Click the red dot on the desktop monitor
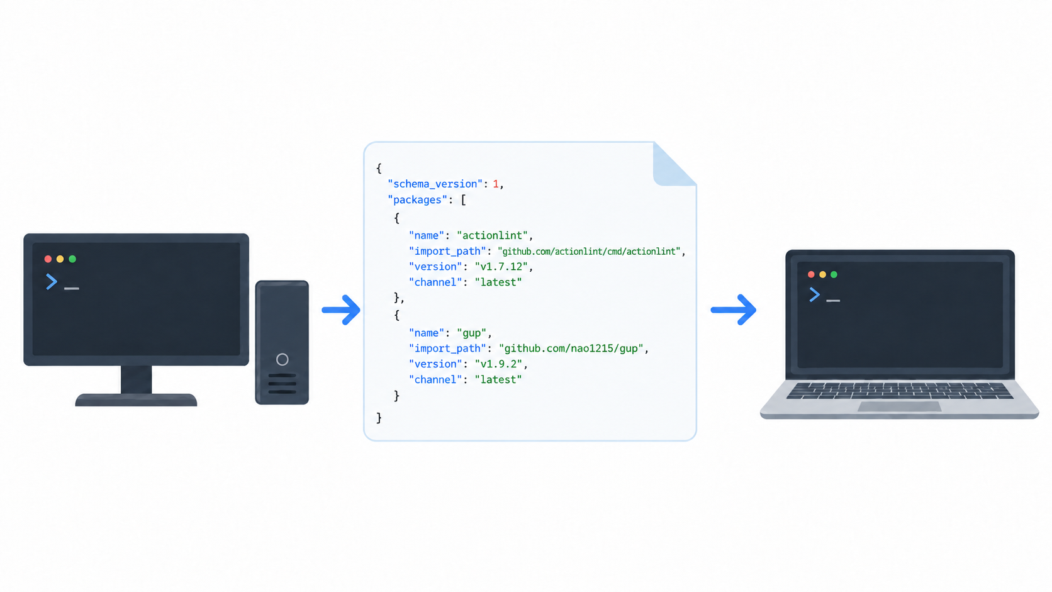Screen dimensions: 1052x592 coord(48,259)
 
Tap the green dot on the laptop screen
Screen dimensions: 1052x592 coord(834,275)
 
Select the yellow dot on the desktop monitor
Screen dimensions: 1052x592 coord(60,259)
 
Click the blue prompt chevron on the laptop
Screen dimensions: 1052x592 coord(815,295)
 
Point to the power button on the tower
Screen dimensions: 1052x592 coord(283,359)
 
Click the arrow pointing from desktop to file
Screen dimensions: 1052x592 coord(341,310)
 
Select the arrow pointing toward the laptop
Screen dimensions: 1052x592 coord(733,310)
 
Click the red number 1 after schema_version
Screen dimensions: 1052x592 coord(495,184)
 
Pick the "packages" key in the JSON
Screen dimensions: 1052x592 coord(418,200)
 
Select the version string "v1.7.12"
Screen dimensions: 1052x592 coord(501,267)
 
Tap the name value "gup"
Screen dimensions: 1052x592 coord(471,333)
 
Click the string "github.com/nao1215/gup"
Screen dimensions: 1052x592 coord(571,349)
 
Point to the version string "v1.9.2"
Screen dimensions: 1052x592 coord(498,364)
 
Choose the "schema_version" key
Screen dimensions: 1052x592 coord(435,184)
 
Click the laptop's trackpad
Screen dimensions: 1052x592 coord(899,406)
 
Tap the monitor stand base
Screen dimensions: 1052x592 coord(136,400)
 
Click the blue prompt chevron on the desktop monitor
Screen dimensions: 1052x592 coord(52,282)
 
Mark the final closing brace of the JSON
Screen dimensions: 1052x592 coord(379,418)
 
